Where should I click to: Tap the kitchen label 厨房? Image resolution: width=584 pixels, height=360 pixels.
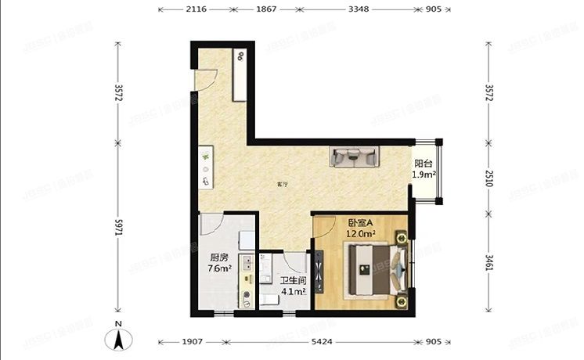tap(218, 257)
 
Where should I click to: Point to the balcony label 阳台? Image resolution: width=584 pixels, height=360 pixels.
tap(424, 164)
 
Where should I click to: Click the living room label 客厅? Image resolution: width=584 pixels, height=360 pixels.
tap(283, 185)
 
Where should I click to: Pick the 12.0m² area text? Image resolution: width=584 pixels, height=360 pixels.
tap(362, 233)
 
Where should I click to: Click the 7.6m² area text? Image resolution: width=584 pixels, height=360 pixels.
tap(218, 268)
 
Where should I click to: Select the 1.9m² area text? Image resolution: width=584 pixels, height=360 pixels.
tap(424, 175)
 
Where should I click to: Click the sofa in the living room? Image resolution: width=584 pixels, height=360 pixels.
tap(355, 157)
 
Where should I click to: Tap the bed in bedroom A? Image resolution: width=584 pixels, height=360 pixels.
tap(373, 269)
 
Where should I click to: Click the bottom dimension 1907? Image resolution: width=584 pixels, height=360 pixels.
tap(193, 342)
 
